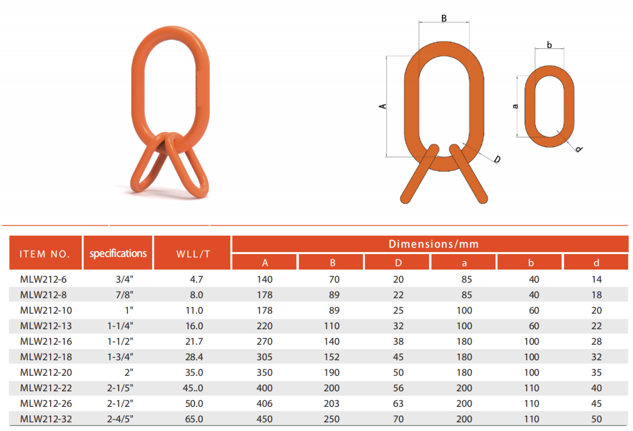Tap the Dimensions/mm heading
point(434,244)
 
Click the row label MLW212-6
point(43,279)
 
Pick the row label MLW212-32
point(46,419)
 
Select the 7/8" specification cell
point(124,295)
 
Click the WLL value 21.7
point(194,341)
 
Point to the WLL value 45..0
point(193,388)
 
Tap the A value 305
point(265,357)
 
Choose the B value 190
point(332,372)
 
